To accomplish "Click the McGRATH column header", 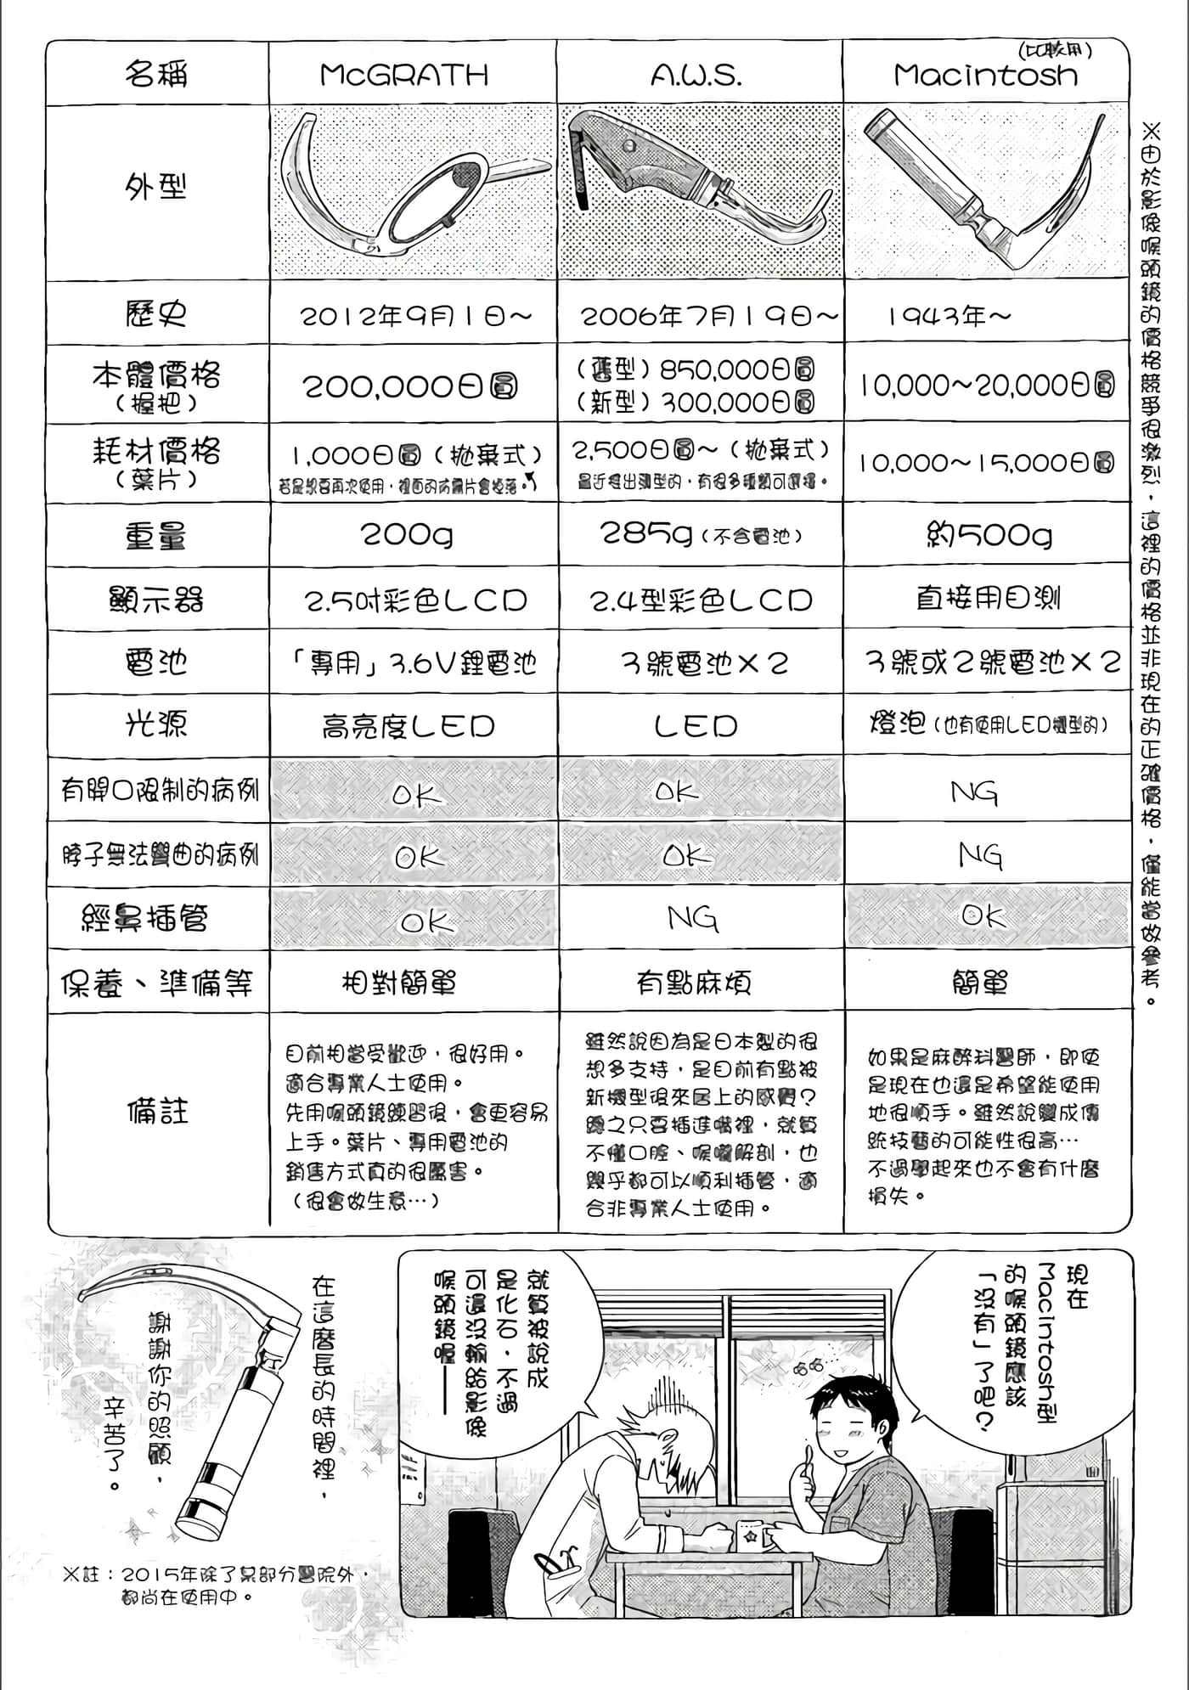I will pos(404,75).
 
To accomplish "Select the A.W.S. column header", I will pos(696,76).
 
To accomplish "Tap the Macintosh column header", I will pos(985,75).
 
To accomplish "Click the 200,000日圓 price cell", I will pos(409,387).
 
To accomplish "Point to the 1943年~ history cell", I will pos(950,317).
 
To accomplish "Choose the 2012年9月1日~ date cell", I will pos(416,317).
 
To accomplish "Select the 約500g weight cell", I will pos(989,535).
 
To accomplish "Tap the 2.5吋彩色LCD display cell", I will pos(416,600).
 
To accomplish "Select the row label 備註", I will pos(158,1111).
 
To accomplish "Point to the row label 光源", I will pos(156,724).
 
